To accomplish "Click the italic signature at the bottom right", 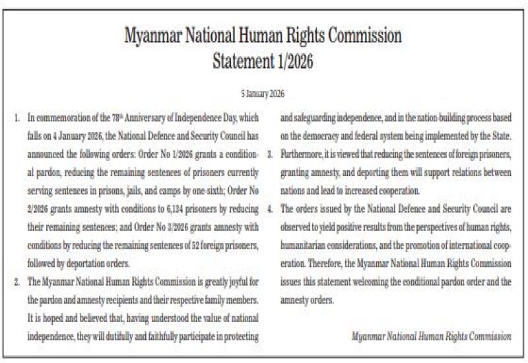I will (432, 336).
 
